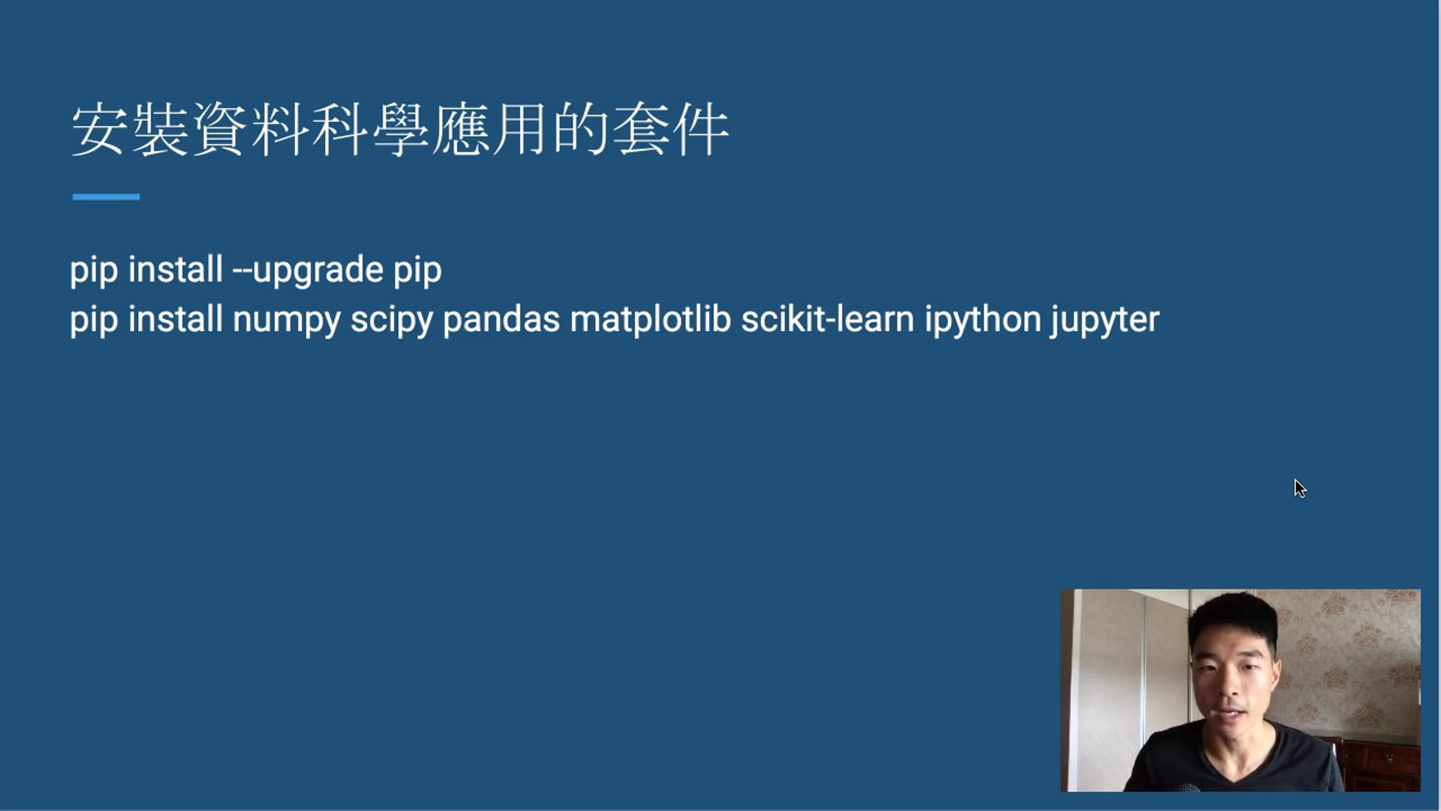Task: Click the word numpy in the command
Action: pyautogui.click(x=286, y=321)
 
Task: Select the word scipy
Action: pyautogui.click(x=392, y=321)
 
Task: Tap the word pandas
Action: pyautogui.click(x=501, y=319)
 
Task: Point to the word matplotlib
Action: pyautogui.click(x=651, y=319)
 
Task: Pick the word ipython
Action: pyautogui.click(x=982, y=321)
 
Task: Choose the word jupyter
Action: pyautogui.click(x=1105, y=321)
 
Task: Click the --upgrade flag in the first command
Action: pyautogui.click(x=308, y=271)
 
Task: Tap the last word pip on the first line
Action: pyautogui.click(x=418, y=271)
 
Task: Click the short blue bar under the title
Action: pyautogui.click(x=106, y=197)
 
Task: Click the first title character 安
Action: pyautogui.click(x=98, y=130)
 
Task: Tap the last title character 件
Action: pyautogui.click(x=701, y=130)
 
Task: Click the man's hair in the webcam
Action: pyautogui.click(x=1233, y=620)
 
